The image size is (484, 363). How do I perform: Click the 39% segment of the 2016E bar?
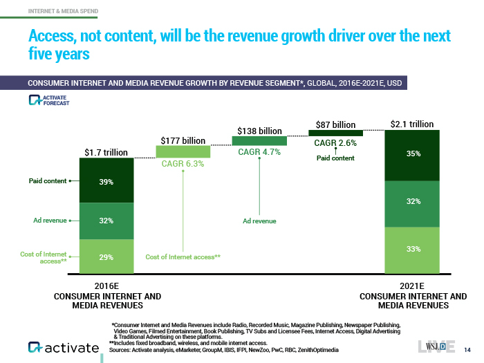coord(106,181)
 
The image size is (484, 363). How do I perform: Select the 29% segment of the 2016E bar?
coord(106,257)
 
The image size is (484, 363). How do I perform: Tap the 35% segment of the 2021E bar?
coord(413,154)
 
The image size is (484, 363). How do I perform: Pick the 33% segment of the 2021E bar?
coord(413,249)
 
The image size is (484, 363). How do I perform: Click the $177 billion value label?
coord(182,140)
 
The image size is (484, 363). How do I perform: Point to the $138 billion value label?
coord(259,130)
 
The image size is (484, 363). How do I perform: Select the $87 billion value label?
coord(335,124)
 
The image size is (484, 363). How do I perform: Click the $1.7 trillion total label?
coord(106,151)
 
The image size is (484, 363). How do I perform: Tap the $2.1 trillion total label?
coord(412,124)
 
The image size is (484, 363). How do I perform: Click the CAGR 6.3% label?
coord(182,163)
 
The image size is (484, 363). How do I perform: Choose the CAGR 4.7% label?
coord(259,152)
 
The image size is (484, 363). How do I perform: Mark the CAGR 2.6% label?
coord(335,143)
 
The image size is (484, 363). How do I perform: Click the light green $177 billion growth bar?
coord(182,151)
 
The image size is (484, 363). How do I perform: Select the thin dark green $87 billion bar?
coord(335,133)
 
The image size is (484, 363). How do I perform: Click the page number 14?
coord(467,348)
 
